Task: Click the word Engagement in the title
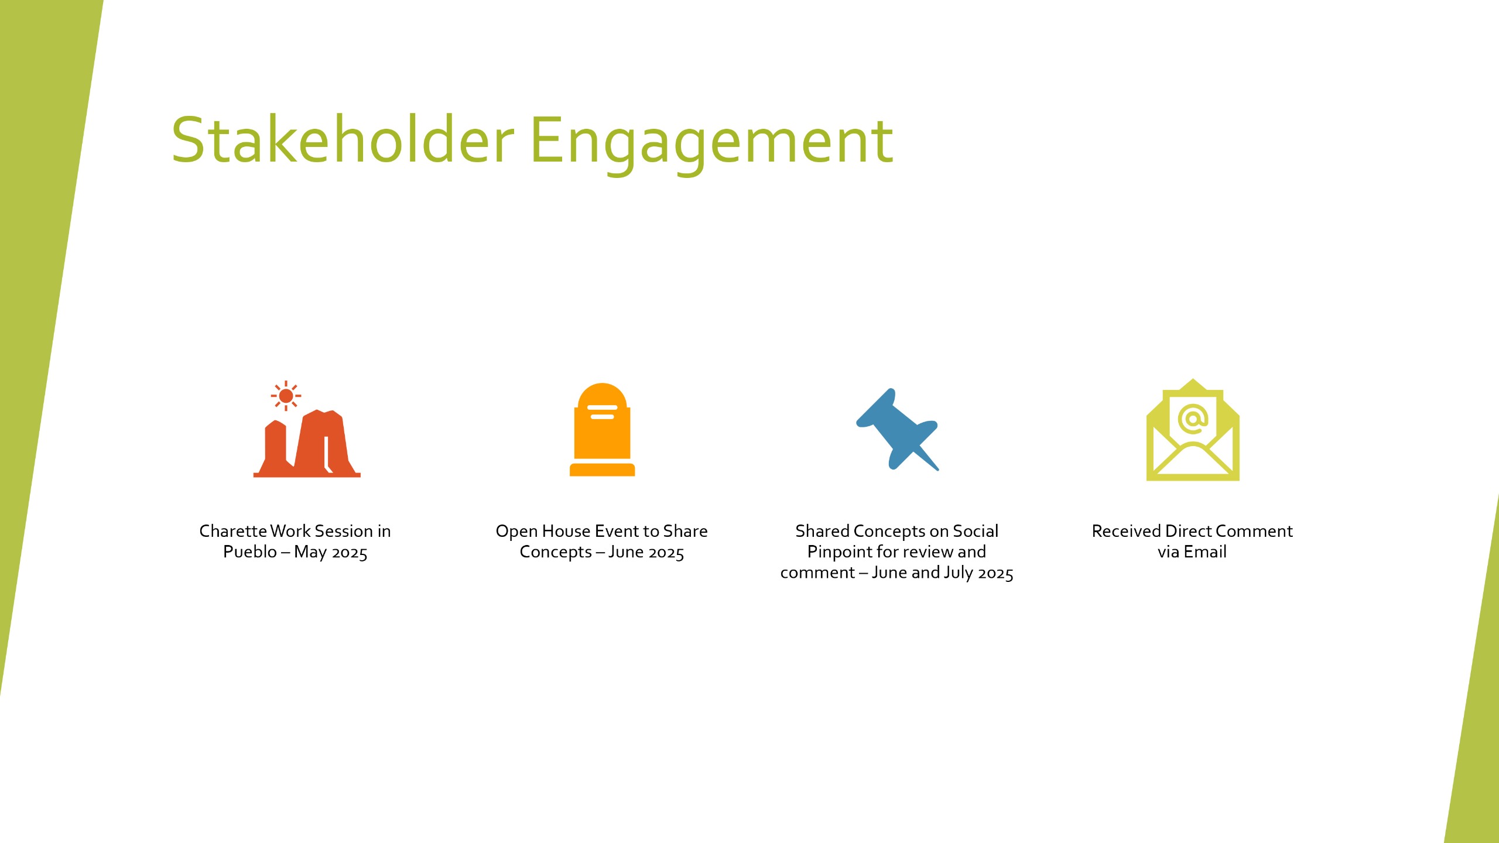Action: tap(712, 143)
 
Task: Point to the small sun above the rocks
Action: tap(286, 396)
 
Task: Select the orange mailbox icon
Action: tap(602, 430)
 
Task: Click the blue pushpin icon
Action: tap(897, 429)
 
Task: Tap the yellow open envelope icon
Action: tap(1193, 430)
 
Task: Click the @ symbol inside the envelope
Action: tap(1193, 419)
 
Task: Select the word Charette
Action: tap(233, 531)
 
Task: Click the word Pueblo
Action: tap(250, 552)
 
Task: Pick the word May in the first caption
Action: tap(310, 553)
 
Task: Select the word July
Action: tap(959, 573)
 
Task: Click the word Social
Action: tap(976, 531)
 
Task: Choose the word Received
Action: tap(1127, 531)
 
